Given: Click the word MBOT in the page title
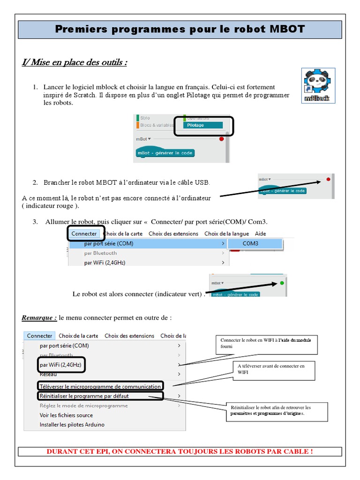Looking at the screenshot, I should tap(287, 30).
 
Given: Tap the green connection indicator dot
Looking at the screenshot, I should tap(282, 283).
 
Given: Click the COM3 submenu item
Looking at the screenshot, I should tap(250, 244).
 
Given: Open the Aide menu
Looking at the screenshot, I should tap(260, 233).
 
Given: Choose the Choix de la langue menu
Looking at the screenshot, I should tap(227, 233).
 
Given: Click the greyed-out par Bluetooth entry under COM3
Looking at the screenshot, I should tap(100, 253).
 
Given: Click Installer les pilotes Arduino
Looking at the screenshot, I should tap(72, 425).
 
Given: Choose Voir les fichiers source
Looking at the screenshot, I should tap(66, 415).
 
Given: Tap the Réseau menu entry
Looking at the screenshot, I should tap(49, 375).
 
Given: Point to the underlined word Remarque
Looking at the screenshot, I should tap(39, 318).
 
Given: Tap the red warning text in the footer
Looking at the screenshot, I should tap(180, 451).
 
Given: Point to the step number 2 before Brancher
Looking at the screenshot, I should tap(35, 182).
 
